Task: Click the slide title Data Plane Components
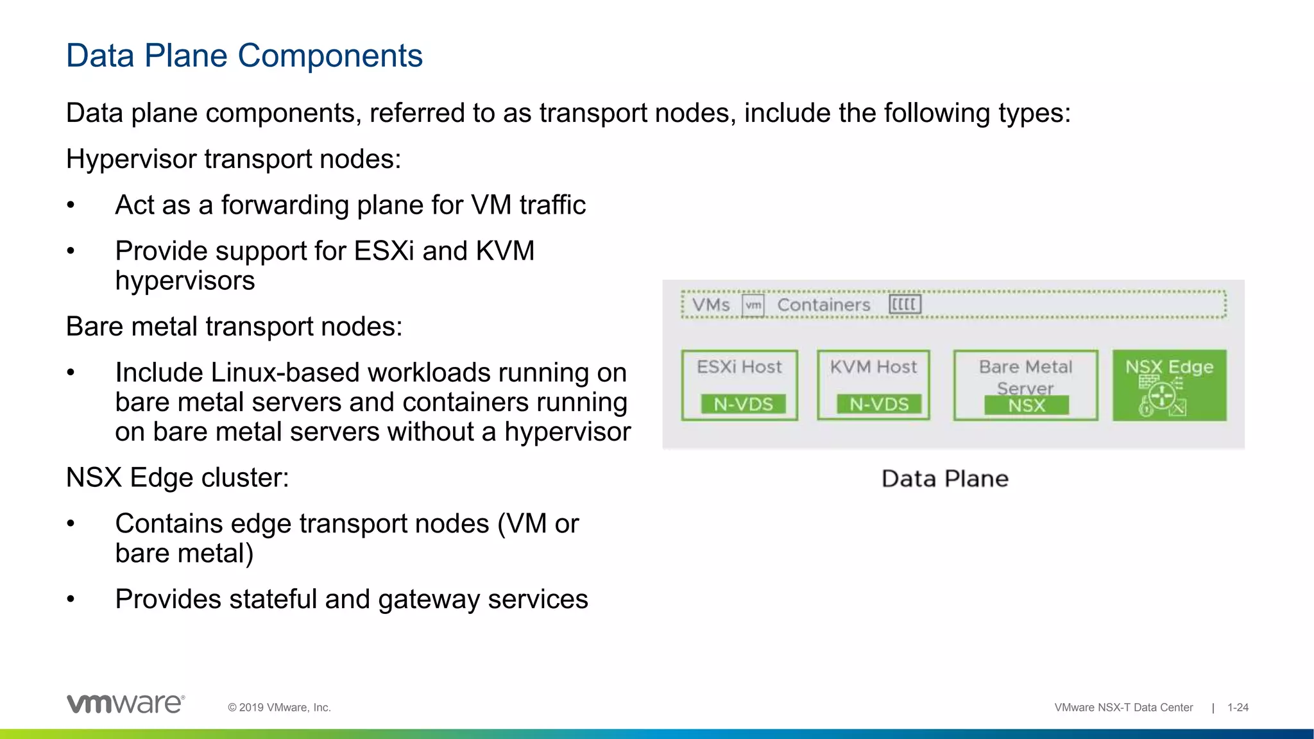244,56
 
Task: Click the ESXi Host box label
739,367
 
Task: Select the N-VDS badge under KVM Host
879,404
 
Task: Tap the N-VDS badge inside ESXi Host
743,404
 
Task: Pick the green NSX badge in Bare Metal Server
1027,405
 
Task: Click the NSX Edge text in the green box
1169,367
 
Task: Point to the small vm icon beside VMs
753,305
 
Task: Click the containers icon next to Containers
905,304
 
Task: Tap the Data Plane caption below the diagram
944,479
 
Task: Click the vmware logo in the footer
126,704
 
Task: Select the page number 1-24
1238,708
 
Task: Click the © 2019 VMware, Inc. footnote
279,708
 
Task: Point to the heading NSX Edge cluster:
178,478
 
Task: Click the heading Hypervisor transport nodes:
234,159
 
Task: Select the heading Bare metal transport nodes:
234,327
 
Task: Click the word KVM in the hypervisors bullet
505,251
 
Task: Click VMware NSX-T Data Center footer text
1123,708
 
